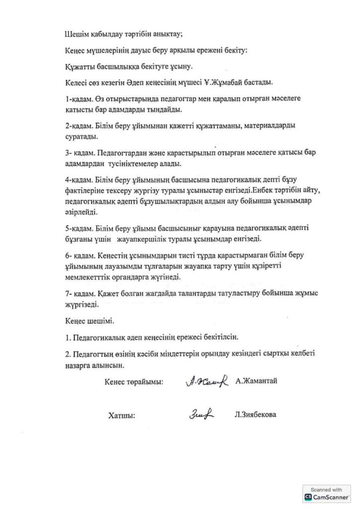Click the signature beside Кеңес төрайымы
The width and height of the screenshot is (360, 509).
[206, 381]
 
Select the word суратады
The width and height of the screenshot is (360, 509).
[82, 136]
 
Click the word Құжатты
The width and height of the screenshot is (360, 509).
[80, 66]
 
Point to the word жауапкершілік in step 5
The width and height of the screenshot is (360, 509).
[149, 240]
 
